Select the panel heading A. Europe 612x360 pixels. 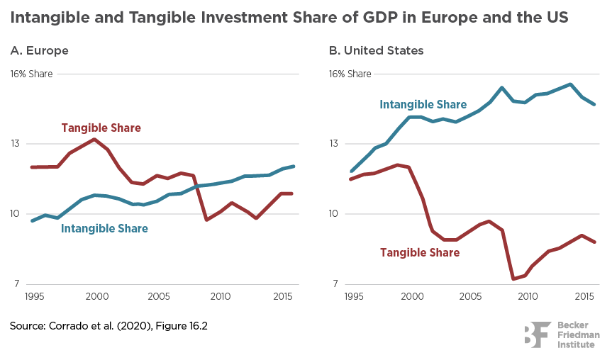(39, 50)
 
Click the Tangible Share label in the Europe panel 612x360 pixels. (101, 128)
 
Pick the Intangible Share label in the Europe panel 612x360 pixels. (105, 228)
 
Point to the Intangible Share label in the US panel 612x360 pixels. (423, 104)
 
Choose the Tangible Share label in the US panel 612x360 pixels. (420, 252)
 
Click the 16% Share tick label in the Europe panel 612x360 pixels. (31, 73)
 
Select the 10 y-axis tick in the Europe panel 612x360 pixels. (16, 214)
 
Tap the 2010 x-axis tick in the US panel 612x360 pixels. (527, 295)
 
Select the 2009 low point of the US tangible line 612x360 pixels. (513, 279)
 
